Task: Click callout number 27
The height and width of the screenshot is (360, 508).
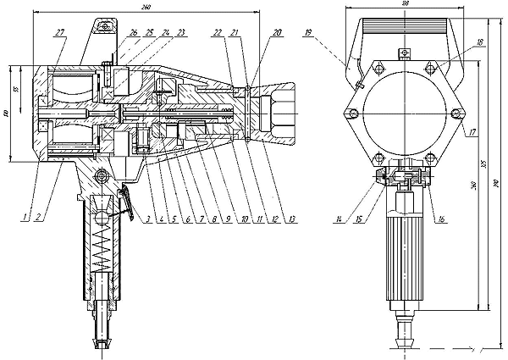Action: pos(59,32)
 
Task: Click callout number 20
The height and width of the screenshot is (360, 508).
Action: pos(278,32)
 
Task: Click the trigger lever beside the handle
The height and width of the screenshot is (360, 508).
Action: pos(126,203)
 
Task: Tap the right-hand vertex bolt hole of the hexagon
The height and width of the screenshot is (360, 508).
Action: pos(461,114)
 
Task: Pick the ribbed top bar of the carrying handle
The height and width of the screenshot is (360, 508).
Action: pos(403,25)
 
